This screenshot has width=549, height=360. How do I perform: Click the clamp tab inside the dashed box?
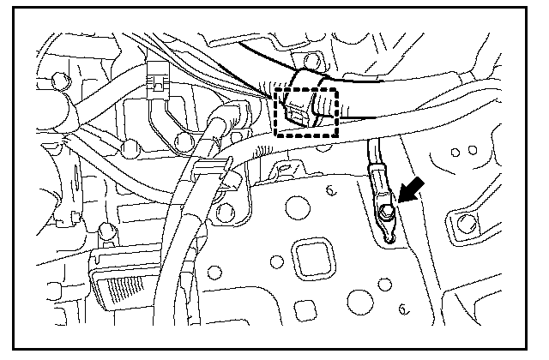point(297,111)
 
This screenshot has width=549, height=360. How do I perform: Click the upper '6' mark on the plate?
point(330,192)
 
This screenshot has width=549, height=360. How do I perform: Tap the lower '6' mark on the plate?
point(402,306)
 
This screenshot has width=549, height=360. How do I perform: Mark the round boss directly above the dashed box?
point(312,61)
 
